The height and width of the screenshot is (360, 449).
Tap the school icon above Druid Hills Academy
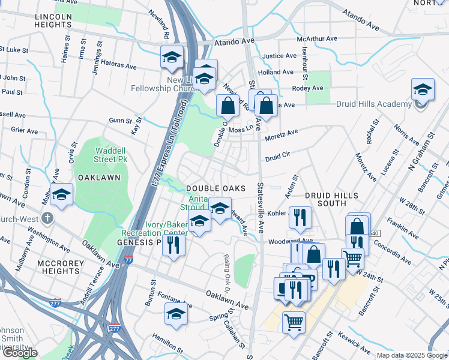423,91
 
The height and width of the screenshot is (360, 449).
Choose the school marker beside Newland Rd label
172,58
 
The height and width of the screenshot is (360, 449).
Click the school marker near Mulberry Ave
61,195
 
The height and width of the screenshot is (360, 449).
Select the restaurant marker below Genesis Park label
173,245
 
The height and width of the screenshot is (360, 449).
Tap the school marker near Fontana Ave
176,314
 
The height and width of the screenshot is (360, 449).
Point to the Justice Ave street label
280,56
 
